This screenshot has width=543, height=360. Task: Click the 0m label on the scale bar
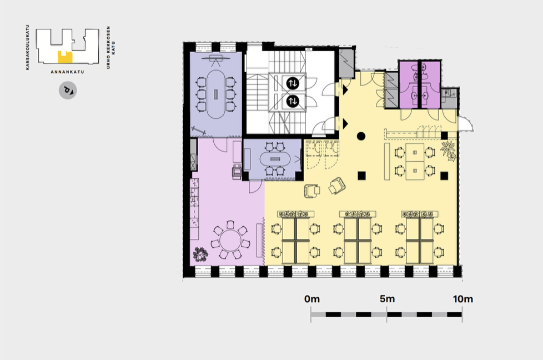click(312, 299)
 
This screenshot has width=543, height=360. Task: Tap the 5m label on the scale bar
click(387, 299)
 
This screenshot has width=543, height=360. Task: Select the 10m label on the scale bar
click(463, 299)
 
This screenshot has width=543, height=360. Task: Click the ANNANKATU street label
click(68, 72)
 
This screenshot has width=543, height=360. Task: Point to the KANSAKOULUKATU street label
click(28, 47)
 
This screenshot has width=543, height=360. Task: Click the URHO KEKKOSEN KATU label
click(110, 47)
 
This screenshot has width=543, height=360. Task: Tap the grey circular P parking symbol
click(68, 91)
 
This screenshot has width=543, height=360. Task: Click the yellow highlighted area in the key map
click(65, 58)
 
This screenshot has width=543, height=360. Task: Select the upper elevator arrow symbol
click(293, 83)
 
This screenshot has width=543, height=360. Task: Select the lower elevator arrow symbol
click(293, 101)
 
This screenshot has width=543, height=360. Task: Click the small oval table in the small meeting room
click(274, 159)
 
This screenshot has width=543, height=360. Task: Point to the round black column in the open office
click(361, 136)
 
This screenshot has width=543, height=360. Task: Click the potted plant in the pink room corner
click(200, 254)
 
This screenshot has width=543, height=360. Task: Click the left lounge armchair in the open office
click(311, 191)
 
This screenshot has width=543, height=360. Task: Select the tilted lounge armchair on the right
click(336, 186)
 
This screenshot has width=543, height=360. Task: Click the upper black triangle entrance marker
click(345, 90)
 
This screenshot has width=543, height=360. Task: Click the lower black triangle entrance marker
click(345, 123)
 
